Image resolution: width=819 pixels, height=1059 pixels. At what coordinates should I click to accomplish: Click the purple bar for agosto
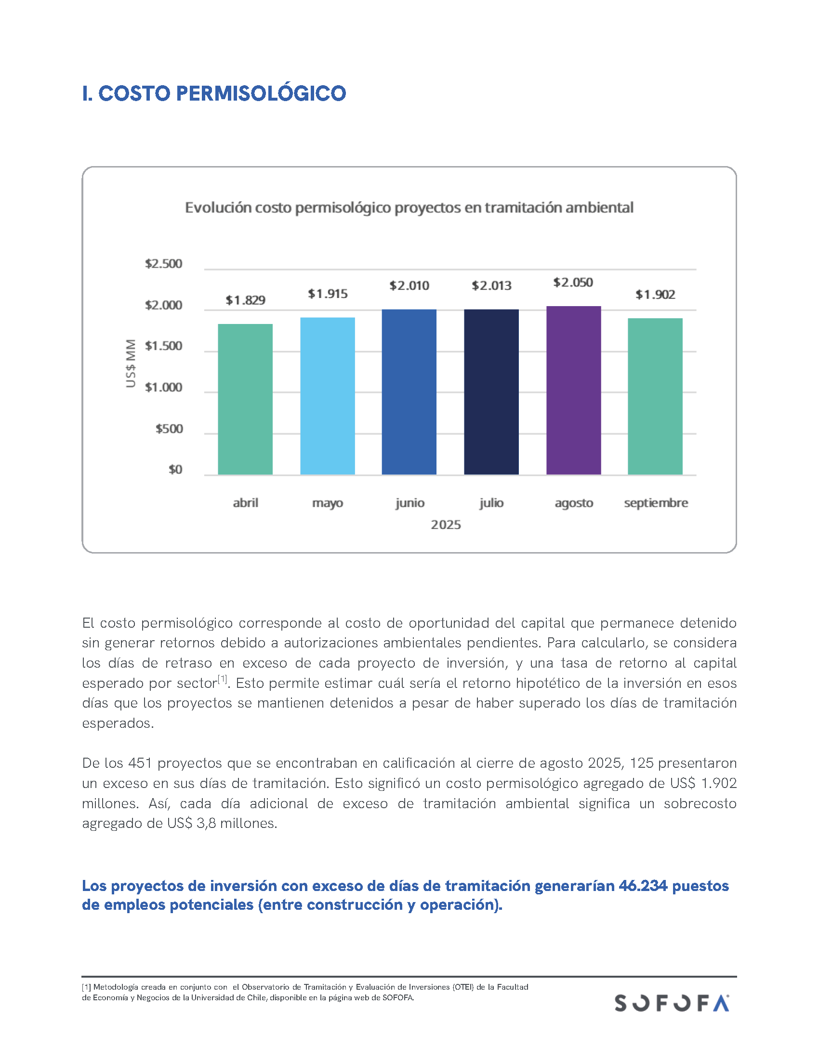pyautogui.click(x=573, y=390)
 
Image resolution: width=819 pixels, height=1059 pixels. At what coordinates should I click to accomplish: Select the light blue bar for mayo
pyautogui.click(x=328, y=396)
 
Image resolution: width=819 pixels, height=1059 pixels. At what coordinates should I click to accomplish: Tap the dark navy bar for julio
pyautogui.click(x=491, y=392)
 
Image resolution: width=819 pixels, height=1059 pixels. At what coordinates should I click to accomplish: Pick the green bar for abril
pyautogui.click(x=245, y=399)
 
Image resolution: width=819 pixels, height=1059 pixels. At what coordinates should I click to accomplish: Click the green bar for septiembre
pyautogui.click(x=655, y=396)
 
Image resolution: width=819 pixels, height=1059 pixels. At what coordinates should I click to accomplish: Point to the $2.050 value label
pyautogui.click(x=573, y=282)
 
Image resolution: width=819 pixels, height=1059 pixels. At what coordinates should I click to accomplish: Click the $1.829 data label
pyautogui.click(x=245, y=300)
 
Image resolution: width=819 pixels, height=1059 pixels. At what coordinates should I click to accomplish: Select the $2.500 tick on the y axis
pyautogui.click(x=163, y=264)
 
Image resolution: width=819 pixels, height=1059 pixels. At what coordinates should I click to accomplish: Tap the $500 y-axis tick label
pyautogui.click(x=169, y=428)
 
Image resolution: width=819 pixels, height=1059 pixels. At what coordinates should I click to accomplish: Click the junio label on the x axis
pyautogui.click(x=409, y=503)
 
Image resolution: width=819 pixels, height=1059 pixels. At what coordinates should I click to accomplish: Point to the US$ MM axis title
pyautogui.click(x=131, y=363)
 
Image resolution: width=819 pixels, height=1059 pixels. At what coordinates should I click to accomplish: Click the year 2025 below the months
pyautogui.click(x=446, y=525)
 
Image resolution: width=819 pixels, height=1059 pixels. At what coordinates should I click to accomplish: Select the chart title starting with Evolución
pyautogui.click(x=409, y=207)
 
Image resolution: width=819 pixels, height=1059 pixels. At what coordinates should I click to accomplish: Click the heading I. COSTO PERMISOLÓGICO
pyautogui.click(x=214, y=93)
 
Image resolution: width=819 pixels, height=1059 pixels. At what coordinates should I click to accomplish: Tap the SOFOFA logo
pyautogui.click(x=672, y=1003)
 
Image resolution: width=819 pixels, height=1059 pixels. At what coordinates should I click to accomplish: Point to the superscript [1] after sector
pyautogui.click(x=222, y=679)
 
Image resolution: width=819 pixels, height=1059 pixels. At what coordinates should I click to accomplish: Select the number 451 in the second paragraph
pyautogui.click(x=140, y=763)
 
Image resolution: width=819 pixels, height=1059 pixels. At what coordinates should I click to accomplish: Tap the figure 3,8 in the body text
pyautogui.click(x=206, y=823)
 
